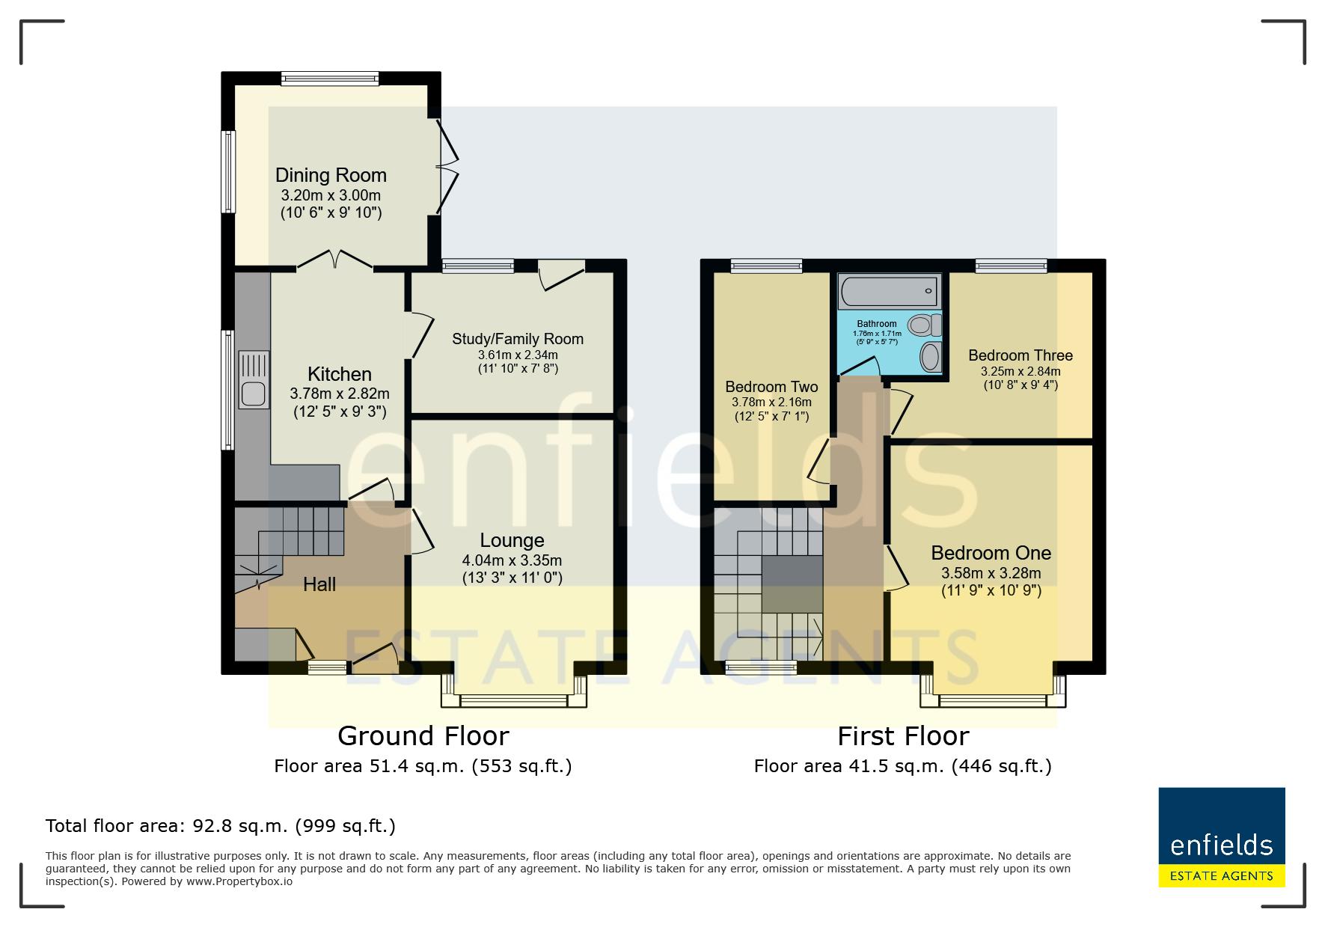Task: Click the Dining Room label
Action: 331,175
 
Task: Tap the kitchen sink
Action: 254,380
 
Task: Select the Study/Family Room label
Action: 518,339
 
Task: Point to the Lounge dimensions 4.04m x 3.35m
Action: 512,560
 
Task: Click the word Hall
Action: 319,584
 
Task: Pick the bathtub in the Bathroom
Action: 889,291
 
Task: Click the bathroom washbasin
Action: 930,356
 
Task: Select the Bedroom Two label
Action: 771,387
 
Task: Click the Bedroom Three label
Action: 1020,355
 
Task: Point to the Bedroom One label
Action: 991,553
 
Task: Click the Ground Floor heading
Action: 423,736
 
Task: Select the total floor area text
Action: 221,826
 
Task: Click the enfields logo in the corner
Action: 1222,837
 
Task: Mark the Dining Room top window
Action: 330,78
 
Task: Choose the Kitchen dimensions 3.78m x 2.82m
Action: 340,394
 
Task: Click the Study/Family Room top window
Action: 478,265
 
